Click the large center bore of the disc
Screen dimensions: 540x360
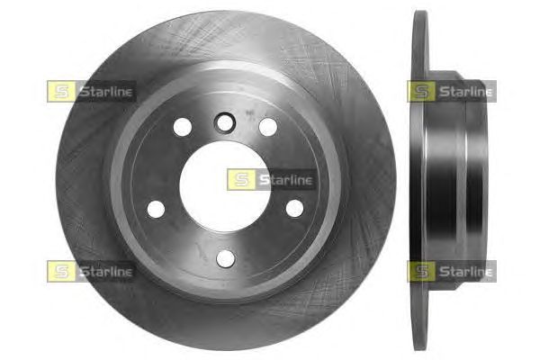tap(225, 186)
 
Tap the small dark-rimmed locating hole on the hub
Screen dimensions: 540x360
tap(224, 122)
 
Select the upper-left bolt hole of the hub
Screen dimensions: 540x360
tap(183, 127)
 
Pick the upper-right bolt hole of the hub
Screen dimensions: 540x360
tap(268, 127)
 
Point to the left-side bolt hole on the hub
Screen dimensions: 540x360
tap(156, 209)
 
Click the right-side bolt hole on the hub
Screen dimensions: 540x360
tap(295, 208)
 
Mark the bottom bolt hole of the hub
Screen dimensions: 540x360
tap(226, 258)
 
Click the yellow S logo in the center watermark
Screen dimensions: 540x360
tap(241, 179)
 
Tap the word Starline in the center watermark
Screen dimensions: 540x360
tap(286, 180)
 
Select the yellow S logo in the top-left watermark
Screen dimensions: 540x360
tap(61, 91)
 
